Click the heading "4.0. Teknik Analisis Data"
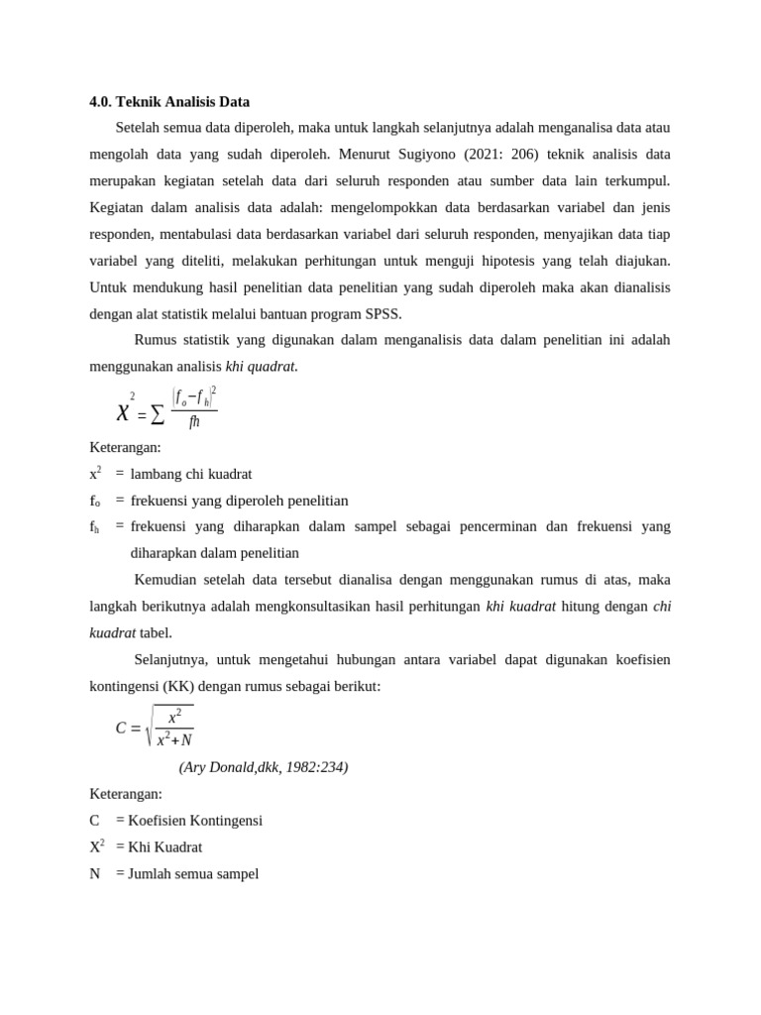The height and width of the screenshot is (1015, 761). pyautogui.click(x=169, y=101)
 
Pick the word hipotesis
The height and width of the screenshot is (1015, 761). pyautogui.click(x=521, y=261)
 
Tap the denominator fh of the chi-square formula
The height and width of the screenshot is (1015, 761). pyautogui.click(x=194, y=422)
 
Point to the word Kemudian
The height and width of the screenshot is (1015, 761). pyautogui.click(x=165, y=579)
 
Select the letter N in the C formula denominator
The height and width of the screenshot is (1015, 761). pyautogui.click(x=186, y=740)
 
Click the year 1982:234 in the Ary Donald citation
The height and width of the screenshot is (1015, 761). pyautogui.click(x=315, y=767)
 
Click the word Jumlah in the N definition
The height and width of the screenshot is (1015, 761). pyautogui.click(x=150, y=873)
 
